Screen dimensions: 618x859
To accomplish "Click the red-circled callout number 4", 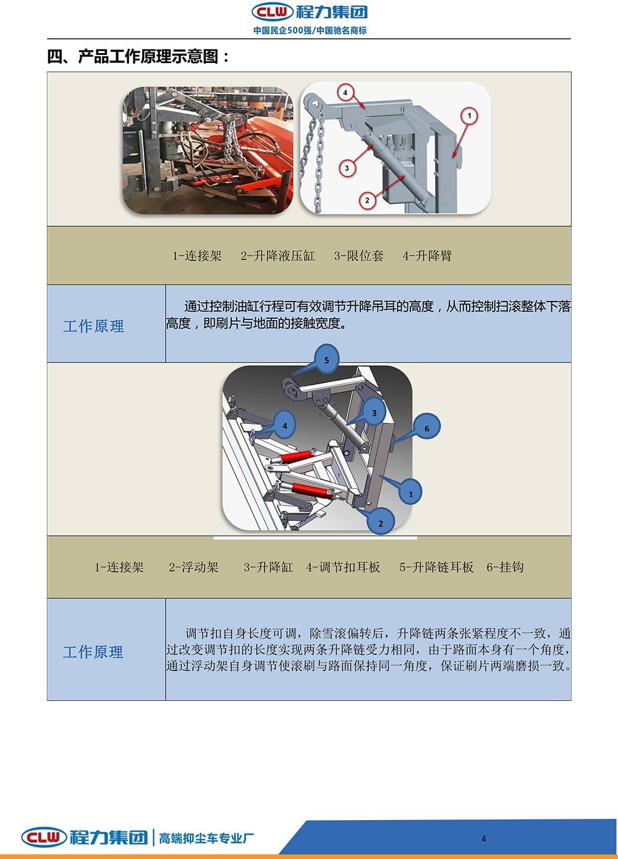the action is pyautogui.click(x=345, y=93).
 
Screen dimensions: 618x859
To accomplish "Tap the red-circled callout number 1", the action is pyautogui.click(x=469, y=116).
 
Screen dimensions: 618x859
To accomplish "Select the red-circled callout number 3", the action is pyautogui.click(x=347, y=168).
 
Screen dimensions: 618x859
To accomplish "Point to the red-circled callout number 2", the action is pyautogui.click(x=367, y=200).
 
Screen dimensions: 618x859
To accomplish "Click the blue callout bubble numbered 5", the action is pyautogui.click(x=326, y=359).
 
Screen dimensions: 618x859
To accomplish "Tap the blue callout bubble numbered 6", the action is pyautogui.click(x=426, y=427).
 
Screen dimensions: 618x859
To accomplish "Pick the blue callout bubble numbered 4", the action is pyautogui.click(x=284, y=425).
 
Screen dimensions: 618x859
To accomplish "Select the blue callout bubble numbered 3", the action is pyautogui.click(x=374, y=412).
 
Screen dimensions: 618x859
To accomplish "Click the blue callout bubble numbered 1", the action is pyautogui.click(x=410, y=493).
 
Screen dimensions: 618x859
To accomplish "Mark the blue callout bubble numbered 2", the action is pyautogui.click(x=380, y=522).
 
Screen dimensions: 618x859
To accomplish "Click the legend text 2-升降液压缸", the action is pyautogui.click(x=278, y=256).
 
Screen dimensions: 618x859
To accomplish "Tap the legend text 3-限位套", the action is pyautogui.click(x=359, y=256).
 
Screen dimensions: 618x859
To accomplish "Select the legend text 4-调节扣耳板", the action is pyautogui.click(x=343, y=567).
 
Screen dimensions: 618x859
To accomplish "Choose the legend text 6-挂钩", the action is pyautogui.click(x=505, y=567).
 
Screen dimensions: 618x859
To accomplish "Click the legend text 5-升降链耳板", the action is pyautogui.click(x=436, y=567).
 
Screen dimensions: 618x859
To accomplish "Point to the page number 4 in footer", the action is pyautogui.click(x=483, y=839).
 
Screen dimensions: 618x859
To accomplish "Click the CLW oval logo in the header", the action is pyautogui.click(x=273, y=12).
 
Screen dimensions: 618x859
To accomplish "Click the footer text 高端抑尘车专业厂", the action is pyautogui.click(x=206, y=839).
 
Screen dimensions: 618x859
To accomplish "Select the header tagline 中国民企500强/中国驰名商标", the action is pyautogui.click(x=310, y=30).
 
